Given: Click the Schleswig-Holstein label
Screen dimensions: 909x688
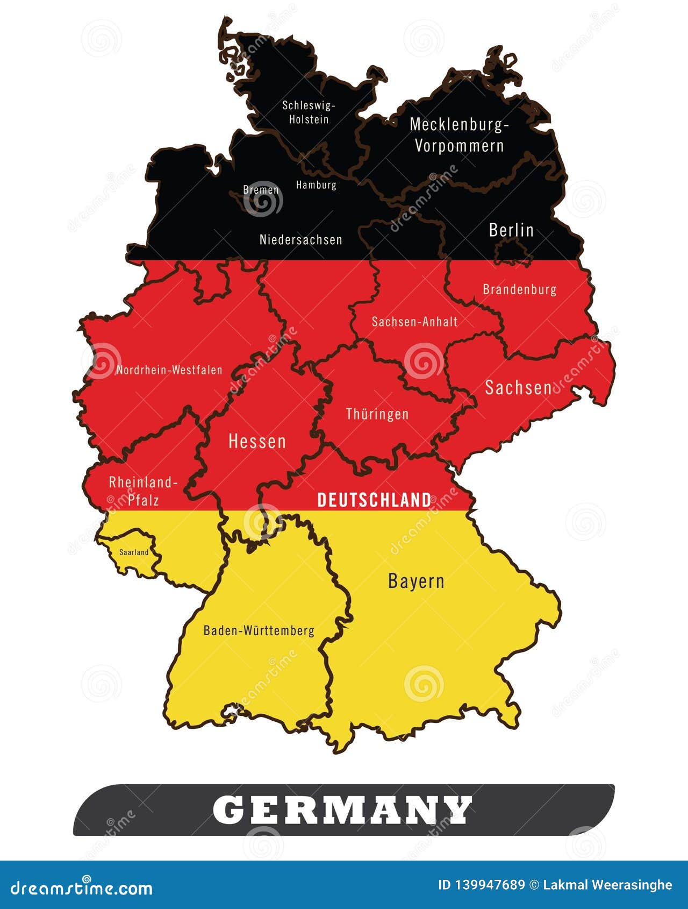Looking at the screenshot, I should [309, 112].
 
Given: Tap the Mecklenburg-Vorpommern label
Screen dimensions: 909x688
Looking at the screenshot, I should [459, 135].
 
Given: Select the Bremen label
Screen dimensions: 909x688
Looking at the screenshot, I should [261, 190].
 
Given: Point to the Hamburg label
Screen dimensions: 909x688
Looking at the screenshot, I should [316, 185].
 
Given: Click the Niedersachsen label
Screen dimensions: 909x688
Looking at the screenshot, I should [300, 240].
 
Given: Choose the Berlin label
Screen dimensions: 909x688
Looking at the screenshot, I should [511, 230].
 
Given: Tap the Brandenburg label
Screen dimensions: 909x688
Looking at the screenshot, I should [519, 289].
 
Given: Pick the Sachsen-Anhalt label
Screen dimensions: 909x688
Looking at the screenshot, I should [414, 322].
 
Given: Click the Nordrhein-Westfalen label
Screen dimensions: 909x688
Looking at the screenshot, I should [169, 370].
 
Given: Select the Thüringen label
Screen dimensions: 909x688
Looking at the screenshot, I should [377, 414].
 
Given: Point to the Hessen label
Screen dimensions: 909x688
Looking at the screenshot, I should [257, 442].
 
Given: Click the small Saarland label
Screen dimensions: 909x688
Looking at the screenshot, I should [134, 552].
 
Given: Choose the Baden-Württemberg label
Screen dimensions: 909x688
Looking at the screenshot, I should [259, 630].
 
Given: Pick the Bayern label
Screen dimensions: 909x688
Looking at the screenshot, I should [416, 581].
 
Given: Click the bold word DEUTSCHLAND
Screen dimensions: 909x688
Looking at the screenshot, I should [374, 500].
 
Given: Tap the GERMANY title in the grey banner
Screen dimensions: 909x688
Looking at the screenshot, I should [343, 810].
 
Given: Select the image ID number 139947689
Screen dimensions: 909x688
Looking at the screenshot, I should [482, 885].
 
